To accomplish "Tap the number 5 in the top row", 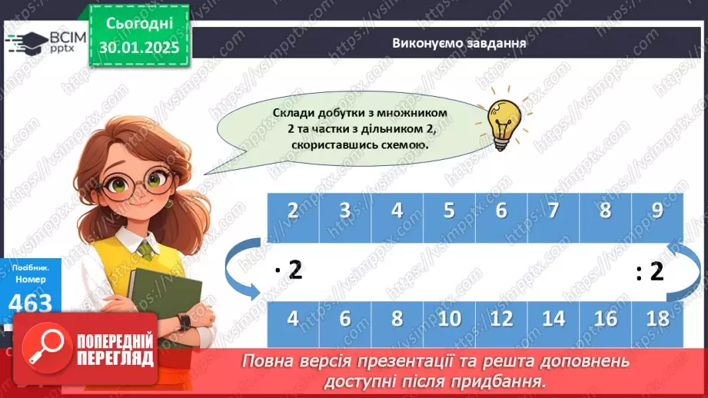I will [449, 211].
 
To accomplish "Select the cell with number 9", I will [656, 211].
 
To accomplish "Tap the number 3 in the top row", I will [345, 211].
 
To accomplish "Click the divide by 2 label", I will [650, 271].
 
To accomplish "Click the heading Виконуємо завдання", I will [458, 43].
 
